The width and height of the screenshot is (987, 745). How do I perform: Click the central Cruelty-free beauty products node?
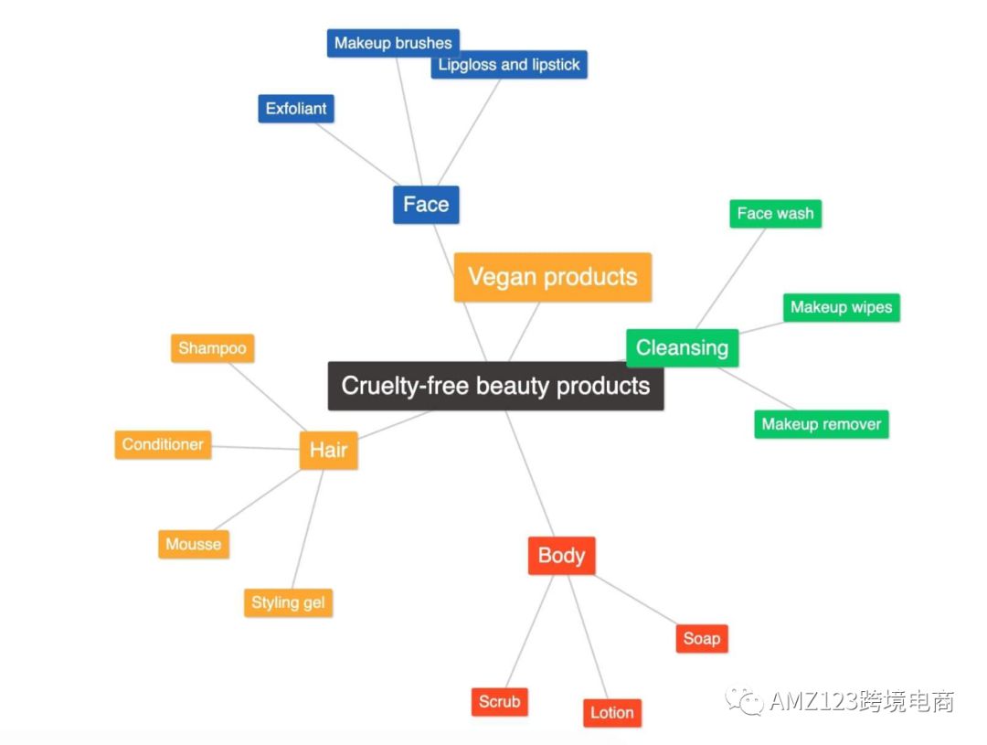pos(495,386)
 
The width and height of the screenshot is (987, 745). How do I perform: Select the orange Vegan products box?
pos(552,277)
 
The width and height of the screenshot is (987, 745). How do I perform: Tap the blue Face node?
pos(426,204)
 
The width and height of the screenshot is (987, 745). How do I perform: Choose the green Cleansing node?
pos(682,347)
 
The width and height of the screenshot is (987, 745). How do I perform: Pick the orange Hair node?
pos(328,450)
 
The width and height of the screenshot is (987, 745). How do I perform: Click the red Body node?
pos(561,555)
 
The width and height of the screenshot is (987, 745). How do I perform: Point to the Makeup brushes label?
pos(393,43)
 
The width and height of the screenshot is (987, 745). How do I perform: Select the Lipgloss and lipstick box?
pos(508,65)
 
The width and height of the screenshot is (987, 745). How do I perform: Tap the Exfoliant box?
pos(296,108)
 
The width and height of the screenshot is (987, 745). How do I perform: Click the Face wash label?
pos(775,214)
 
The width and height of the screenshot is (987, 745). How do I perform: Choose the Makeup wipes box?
pos(841,307)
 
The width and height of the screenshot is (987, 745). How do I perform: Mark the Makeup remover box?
pos(821,424)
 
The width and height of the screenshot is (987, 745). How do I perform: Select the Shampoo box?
pos(212,348)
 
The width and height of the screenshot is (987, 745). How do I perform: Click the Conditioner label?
pos(163,444)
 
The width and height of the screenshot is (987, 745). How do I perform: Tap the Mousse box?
pos(193,544)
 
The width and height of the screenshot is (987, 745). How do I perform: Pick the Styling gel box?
pos(288,602)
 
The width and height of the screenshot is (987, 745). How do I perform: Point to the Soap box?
pos(702,638)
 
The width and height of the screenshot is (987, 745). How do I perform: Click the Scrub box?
pos(499,701)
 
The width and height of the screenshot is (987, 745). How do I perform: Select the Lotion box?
pos(611,713)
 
